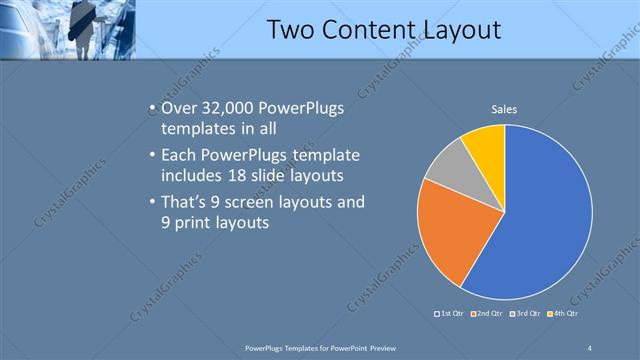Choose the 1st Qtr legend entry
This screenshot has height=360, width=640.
(450, 313)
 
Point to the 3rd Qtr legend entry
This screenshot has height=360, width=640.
(530, 313)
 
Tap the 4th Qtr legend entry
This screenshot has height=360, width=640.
(569, 313)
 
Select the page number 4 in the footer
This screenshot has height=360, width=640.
(590, 347)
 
